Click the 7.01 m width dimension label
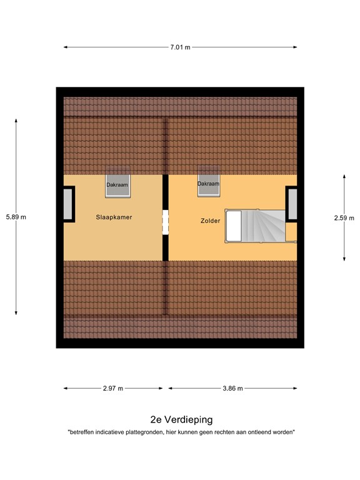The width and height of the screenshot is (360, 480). (180, 46)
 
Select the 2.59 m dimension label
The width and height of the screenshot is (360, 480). (344, 217)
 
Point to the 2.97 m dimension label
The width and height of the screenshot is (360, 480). (113, 388)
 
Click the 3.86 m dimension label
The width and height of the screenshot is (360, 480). (232, 388)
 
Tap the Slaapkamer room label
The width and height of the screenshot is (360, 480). (114, 217)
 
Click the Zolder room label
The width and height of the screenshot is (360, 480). (210, 220)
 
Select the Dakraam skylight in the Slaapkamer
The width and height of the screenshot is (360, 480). (117, 184)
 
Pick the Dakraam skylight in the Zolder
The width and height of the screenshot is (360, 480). (208, 184)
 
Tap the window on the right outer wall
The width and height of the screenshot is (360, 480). (292, 204)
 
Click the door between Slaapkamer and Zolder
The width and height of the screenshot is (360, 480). (166, 222)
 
